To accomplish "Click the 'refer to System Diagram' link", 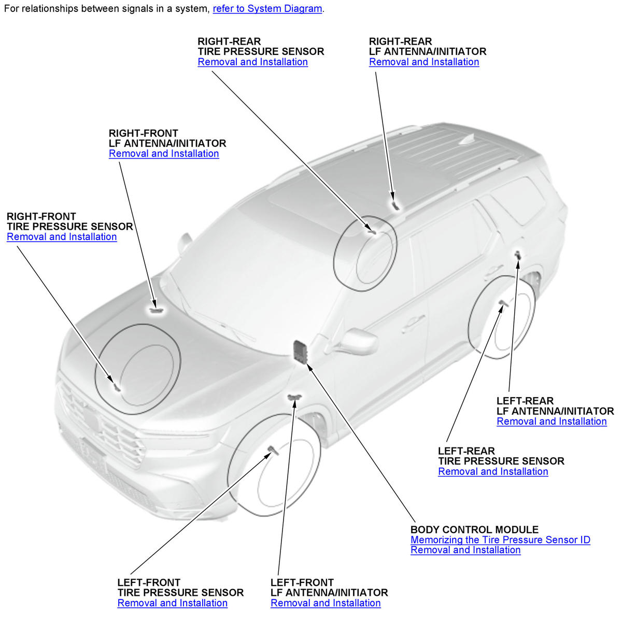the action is pos(267,9).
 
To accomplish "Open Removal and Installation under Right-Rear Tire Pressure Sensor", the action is pos(252,62).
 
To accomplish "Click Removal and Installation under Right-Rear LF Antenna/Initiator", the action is pos(424,62).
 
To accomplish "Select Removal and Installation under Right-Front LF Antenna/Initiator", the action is pos(164,153).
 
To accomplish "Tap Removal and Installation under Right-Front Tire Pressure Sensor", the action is pos(62,236).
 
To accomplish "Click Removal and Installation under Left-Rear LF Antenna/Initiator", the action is pos(552,421).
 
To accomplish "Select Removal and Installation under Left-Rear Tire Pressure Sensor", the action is pos(493,471).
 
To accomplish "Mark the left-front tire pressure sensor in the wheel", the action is pos(273,450).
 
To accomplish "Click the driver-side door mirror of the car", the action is pos(358,341).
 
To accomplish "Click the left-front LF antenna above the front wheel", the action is pos(294,397).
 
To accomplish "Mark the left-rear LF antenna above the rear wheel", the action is pos(518,255).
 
